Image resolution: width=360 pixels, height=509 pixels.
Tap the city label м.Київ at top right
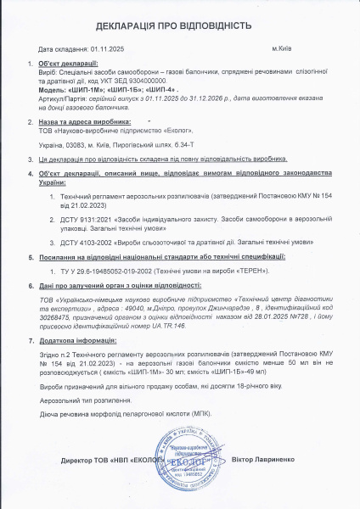point(282,49)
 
